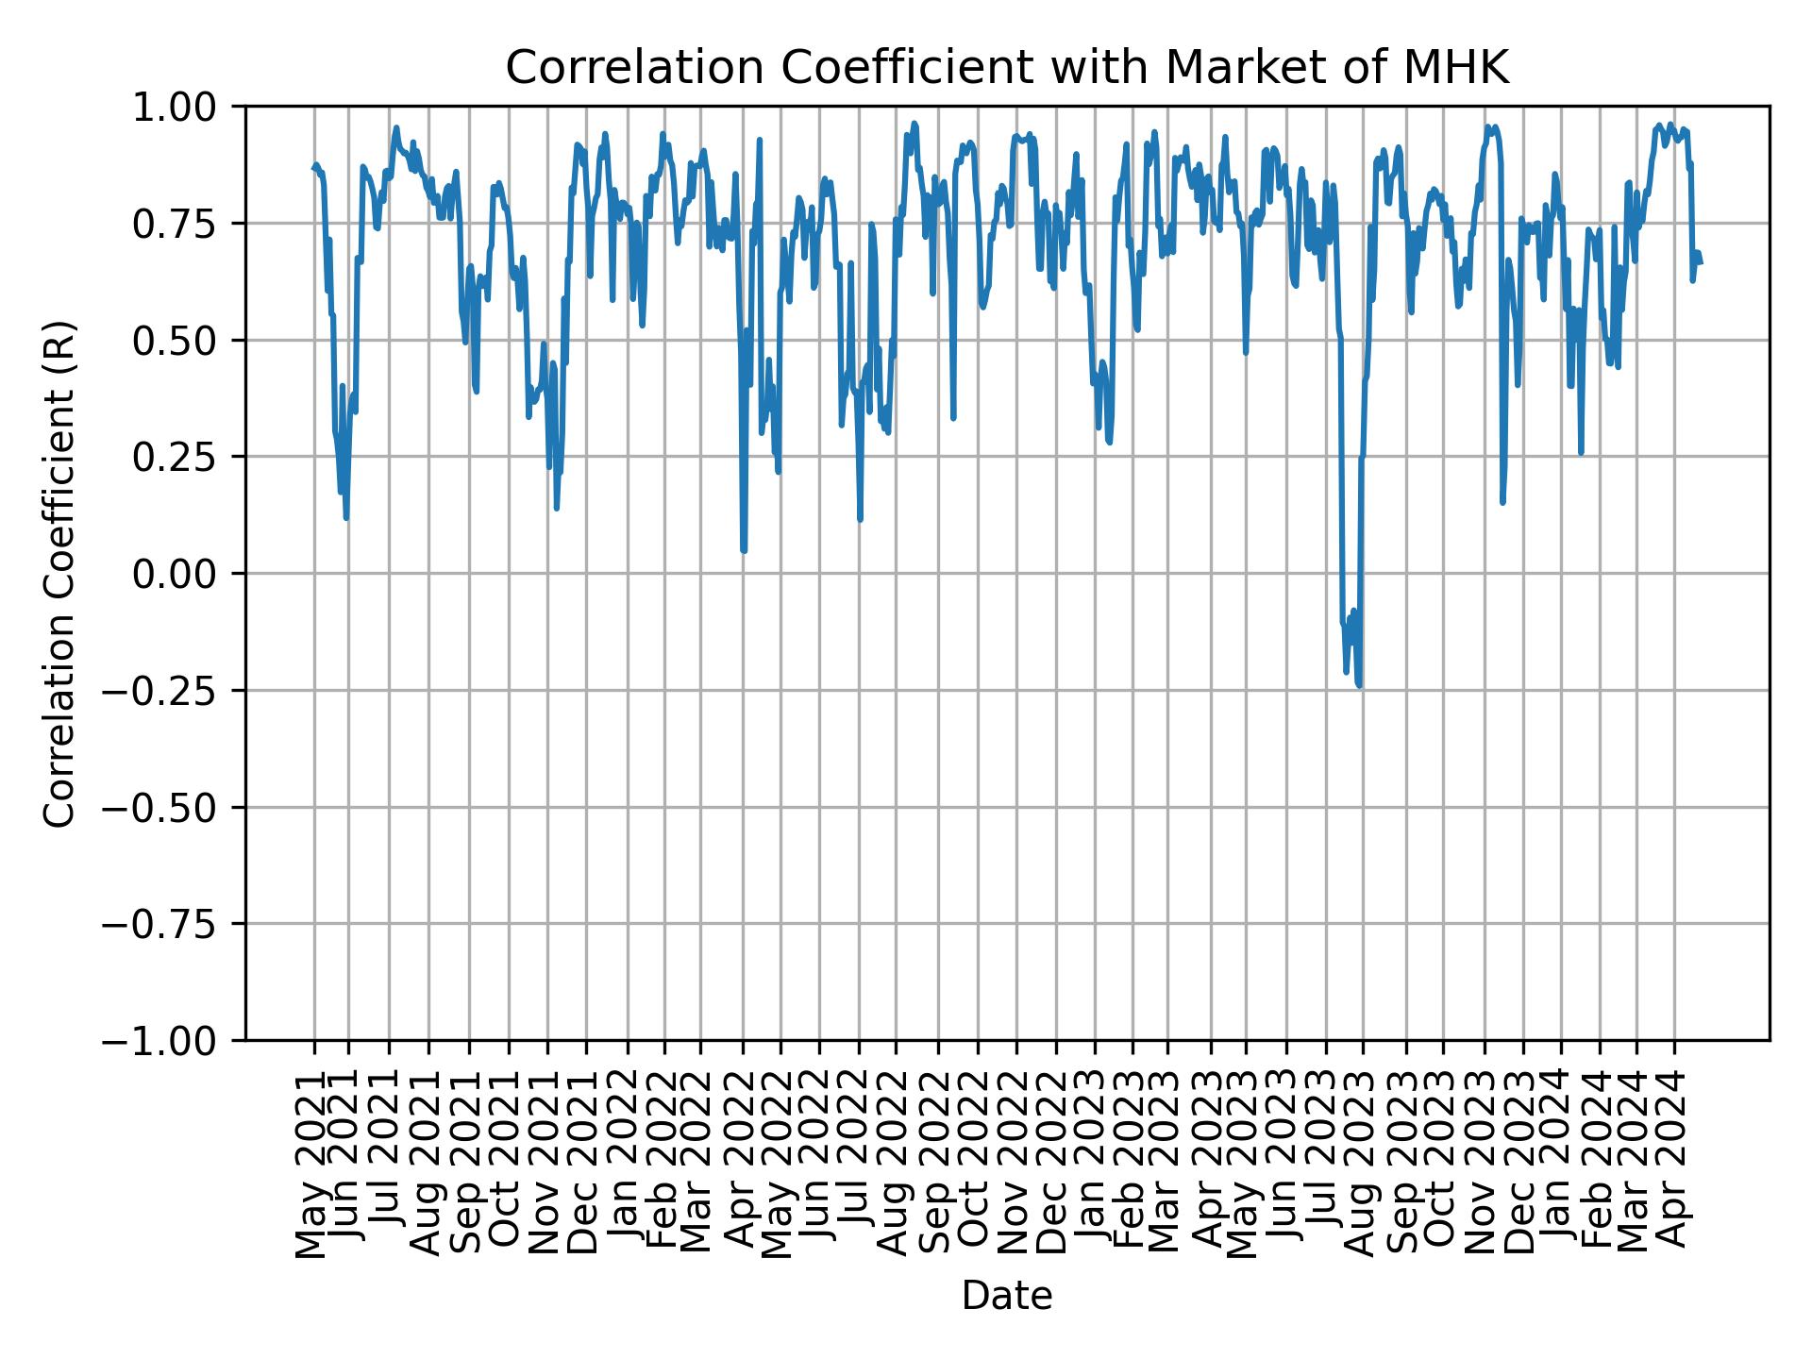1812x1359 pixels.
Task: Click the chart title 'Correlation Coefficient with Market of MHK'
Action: coord(1007,68)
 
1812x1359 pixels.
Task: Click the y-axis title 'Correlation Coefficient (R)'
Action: coord(59,574)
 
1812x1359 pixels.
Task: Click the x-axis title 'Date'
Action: coord(1007,1296)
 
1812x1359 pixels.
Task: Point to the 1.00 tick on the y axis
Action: coord(186,108)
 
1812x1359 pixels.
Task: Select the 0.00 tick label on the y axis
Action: coord(186,574)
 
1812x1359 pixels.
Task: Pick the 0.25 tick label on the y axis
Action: coord(186,457)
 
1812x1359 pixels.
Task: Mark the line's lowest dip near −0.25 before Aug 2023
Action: coord(1359,685)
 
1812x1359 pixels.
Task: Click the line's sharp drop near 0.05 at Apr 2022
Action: coord(744,550)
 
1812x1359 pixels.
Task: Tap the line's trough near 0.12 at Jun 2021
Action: coord(346,517)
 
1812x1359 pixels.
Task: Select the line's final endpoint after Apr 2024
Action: coord(1700,263)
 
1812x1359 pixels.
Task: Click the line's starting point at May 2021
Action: coord(314,169)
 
